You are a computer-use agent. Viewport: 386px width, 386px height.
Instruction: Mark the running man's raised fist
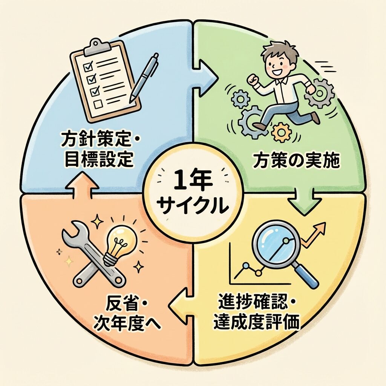click(x=251, y=80)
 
